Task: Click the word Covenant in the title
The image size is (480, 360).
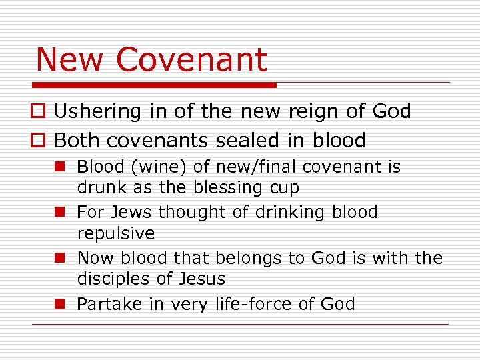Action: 191,59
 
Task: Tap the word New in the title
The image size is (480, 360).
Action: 71,59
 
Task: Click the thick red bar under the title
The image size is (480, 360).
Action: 154,85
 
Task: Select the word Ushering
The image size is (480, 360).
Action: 98,111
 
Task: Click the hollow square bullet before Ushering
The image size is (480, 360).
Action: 40,112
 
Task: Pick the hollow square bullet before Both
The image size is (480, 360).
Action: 40,141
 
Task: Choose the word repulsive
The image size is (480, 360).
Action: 115,234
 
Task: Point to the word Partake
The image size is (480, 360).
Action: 109,304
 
